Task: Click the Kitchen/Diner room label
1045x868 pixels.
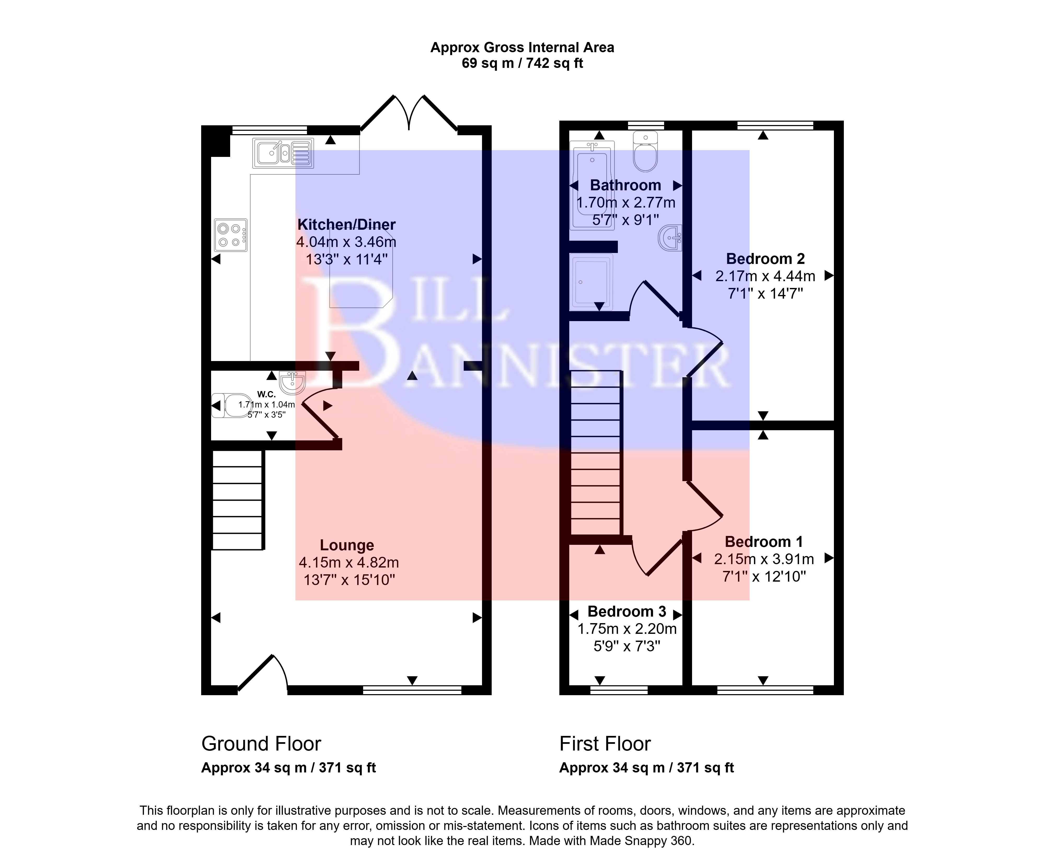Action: (346, 225)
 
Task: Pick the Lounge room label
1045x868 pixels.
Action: (347, 545)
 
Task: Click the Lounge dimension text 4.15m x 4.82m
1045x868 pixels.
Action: (349, 563)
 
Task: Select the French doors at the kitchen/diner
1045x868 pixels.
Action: (409, 112)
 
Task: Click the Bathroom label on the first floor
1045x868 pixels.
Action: (625, 185)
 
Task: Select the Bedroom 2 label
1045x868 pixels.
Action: (765, 259)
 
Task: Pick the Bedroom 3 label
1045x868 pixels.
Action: (627, 611)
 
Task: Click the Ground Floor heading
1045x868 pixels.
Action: (261, 744)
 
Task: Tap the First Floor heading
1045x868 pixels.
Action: (605, 744)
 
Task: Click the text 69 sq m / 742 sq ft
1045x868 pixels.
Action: (522, 63)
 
